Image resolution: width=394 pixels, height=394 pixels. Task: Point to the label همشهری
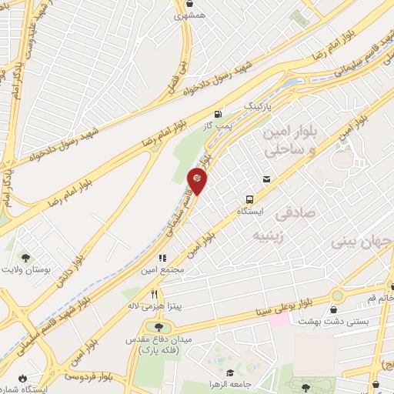point(189,15)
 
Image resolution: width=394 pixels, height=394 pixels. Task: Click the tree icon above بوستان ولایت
point(25,257)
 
